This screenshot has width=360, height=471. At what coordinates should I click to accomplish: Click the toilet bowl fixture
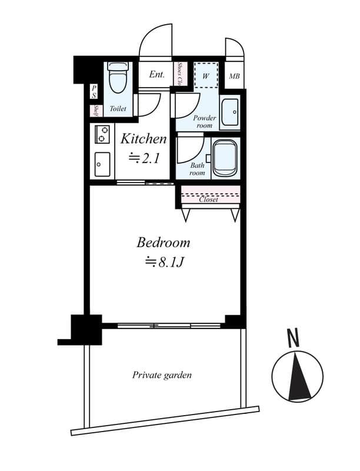[118, 78]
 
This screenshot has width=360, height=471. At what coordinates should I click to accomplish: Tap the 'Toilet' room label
[118, 109]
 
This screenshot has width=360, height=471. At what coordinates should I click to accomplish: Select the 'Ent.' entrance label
[156, 75]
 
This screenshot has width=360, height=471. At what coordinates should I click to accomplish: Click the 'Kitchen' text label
[144, 139]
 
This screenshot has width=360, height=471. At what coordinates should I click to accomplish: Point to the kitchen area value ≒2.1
[144, 157]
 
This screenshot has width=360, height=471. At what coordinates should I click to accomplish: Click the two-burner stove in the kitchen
[101, 134]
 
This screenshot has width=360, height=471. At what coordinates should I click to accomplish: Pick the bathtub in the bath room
[225, 158]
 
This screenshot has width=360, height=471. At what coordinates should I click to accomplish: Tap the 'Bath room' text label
[197, 170]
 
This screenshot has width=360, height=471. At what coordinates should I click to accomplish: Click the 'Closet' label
[209, 200]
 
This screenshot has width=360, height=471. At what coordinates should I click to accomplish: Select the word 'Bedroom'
[164, 242]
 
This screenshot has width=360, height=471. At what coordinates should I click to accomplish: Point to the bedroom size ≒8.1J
[165, 262]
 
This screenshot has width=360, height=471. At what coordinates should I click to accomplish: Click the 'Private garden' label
[162, 375]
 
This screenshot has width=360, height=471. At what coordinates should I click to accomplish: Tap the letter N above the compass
[292, 337]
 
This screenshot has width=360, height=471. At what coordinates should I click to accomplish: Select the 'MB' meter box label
[234, 76]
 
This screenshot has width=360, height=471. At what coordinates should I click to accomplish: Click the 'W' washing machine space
[206, 75]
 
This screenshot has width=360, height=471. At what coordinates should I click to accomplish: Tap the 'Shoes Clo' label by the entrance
[180, 74]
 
